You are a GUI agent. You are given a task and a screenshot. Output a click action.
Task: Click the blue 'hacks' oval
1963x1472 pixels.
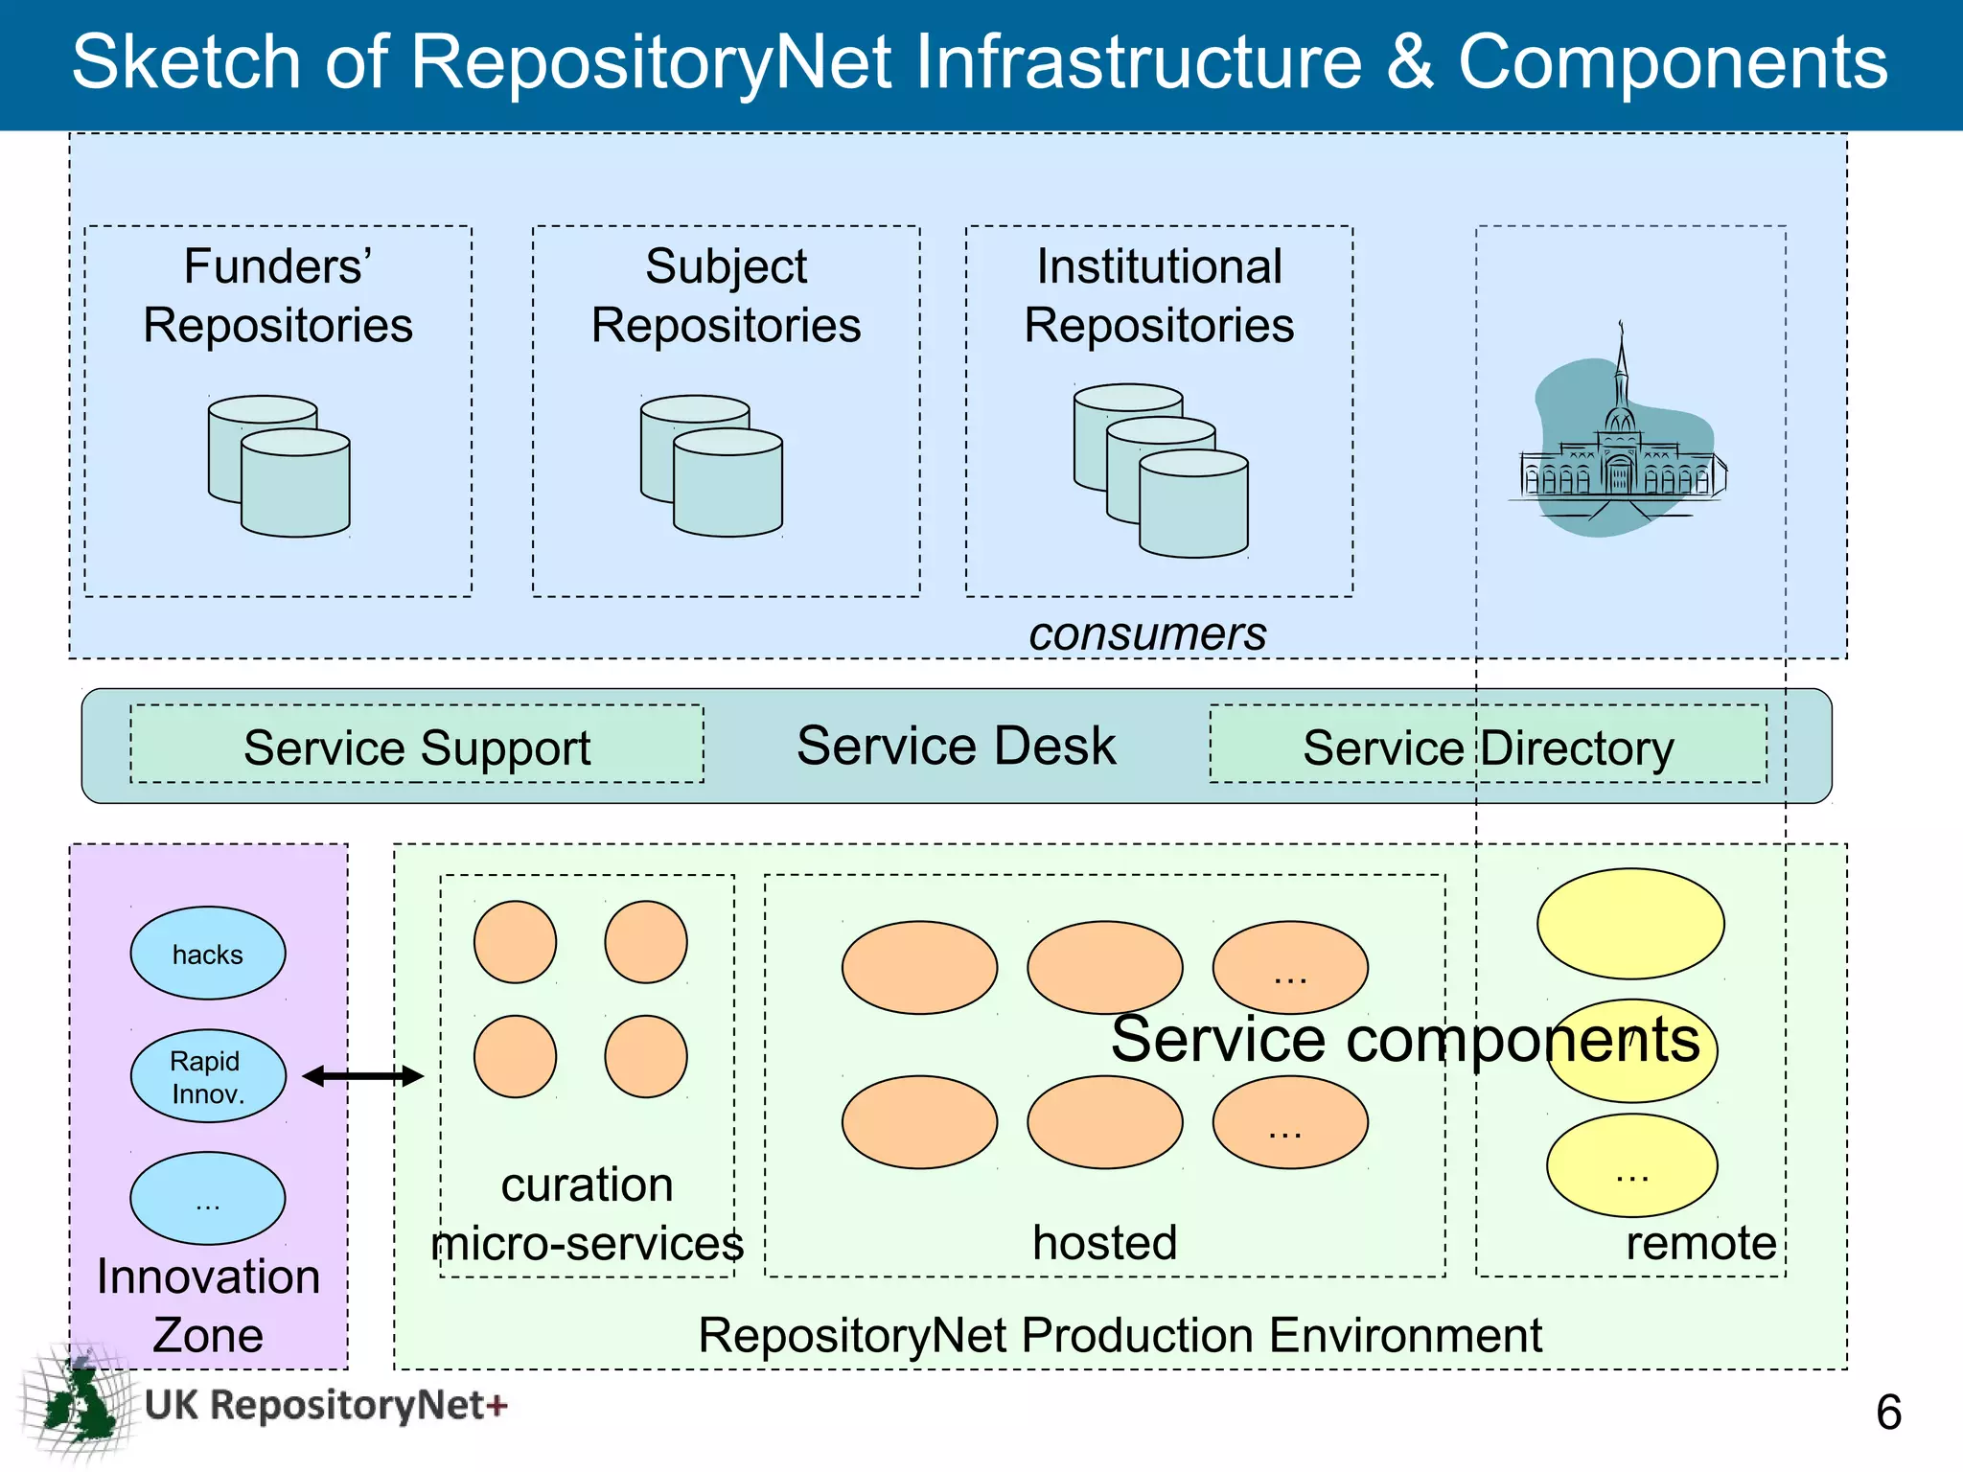207,954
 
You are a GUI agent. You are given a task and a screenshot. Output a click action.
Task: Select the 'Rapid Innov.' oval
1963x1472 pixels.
207,1076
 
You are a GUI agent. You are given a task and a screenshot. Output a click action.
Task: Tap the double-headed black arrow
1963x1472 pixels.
362,1076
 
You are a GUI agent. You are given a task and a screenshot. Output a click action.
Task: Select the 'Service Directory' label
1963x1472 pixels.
1488,747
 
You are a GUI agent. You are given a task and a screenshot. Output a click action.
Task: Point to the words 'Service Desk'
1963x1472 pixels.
956,746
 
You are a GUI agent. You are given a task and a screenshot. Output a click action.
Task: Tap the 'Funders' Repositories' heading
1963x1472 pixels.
278,295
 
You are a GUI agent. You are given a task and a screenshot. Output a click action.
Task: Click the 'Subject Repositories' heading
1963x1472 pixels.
726,295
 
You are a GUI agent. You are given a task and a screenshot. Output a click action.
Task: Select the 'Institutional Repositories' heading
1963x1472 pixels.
1159,295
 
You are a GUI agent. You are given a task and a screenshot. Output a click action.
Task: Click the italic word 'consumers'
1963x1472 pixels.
1147,633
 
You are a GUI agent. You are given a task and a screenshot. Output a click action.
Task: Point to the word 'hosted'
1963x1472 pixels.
1104,1242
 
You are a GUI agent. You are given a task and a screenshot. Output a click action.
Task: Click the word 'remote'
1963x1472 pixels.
1700,1243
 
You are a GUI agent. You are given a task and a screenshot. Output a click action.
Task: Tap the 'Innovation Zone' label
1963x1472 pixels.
208,1305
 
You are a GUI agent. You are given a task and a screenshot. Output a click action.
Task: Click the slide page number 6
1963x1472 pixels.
1887,1412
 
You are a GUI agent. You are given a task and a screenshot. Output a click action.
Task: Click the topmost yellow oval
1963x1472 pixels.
1630,923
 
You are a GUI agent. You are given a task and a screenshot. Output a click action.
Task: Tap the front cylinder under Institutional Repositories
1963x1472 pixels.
1193,505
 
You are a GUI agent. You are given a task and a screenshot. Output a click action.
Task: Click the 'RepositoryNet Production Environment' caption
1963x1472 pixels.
1120,1335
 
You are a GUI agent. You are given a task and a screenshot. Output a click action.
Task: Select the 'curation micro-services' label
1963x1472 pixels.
587,1214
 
